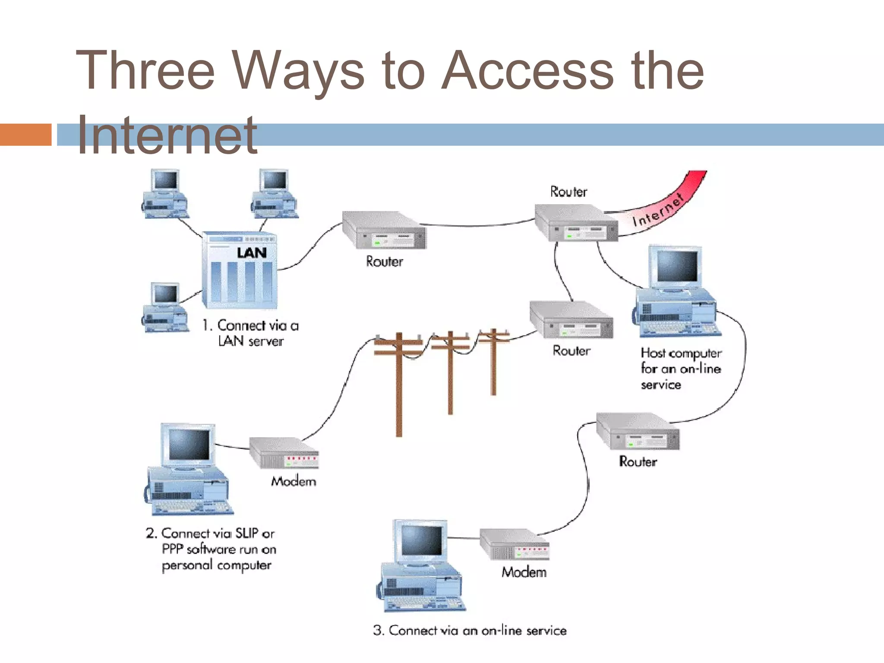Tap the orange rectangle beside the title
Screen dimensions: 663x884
[25, 134]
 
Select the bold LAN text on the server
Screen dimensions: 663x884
[252, 253]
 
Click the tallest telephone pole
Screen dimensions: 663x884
[399, 384]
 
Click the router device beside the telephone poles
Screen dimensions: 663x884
[571, 320]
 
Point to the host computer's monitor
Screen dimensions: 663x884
[676, 267]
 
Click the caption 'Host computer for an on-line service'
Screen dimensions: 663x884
[680, 369]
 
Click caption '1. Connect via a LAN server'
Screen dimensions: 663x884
[251, 333]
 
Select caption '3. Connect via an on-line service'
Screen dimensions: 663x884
[470, 631]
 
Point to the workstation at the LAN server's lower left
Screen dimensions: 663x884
[165, 308]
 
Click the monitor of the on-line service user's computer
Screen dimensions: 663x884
[421, 541]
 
